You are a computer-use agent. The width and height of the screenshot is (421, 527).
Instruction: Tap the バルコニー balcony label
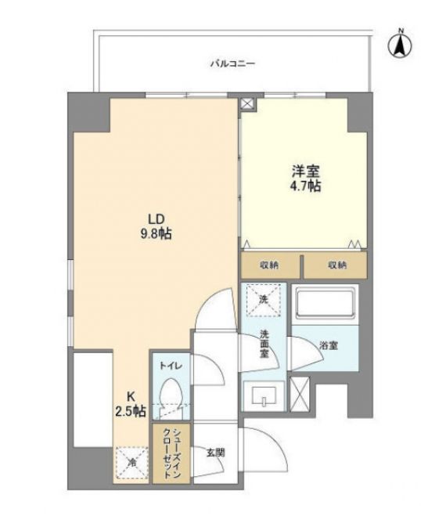[233, 63]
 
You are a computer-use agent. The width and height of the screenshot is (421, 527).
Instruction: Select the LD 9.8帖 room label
[157, 226]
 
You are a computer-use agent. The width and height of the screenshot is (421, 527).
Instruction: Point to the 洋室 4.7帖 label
[305, 179]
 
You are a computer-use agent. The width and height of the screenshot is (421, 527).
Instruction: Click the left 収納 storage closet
[270, 265]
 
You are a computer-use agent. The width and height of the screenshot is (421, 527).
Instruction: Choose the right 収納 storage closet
[336, 265]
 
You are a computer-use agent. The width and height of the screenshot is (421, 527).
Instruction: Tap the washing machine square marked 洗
[264, 300]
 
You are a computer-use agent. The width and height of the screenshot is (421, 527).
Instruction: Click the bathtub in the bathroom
[325, 304]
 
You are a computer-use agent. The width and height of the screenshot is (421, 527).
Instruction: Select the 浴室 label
[329, 345]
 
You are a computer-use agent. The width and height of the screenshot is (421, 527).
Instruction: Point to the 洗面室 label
[264, 344]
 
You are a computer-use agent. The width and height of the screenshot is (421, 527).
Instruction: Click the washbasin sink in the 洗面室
[264, 396]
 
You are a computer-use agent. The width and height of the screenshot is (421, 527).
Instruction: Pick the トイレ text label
[171, 366]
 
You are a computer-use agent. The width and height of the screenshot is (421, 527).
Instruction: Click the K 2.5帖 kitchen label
[131, 403]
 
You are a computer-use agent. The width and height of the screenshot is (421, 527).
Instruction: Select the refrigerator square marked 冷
[131, 463]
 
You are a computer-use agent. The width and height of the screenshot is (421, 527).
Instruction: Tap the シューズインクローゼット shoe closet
[171, 453]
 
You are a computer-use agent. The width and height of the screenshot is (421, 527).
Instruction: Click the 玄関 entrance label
[215, 453]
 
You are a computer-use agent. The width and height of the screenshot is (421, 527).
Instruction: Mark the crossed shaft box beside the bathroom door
[300, 394]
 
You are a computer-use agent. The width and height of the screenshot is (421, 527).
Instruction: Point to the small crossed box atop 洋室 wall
[247, 104]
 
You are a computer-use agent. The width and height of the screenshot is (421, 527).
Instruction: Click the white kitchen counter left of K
[93, 399]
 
